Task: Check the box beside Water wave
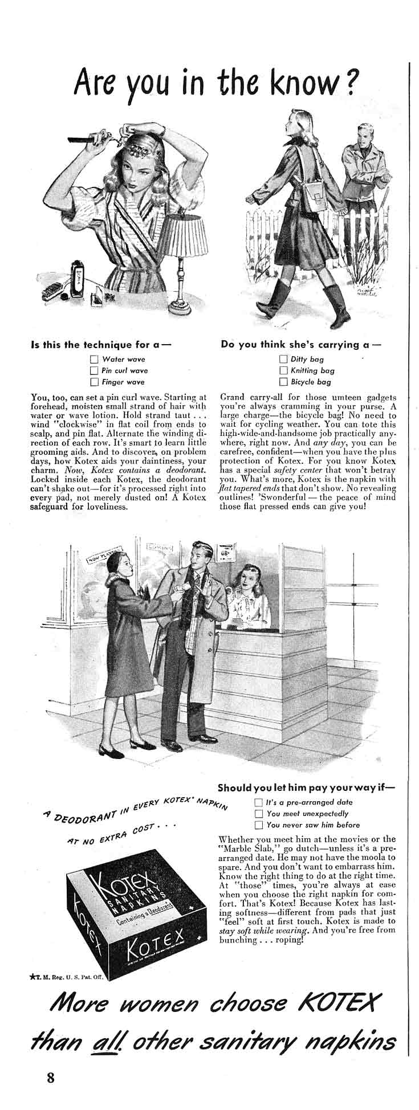click(94, 360)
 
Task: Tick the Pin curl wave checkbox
click(94, 370)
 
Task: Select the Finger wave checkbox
click(94, 382)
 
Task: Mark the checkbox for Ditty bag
click(283, 360)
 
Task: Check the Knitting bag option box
click(283, 370)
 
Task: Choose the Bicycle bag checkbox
click(283, 382)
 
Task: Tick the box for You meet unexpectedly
click(258, 813)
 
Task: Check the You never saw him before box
click(258, 825)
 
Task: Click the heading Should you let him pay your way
click(306, 788)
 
